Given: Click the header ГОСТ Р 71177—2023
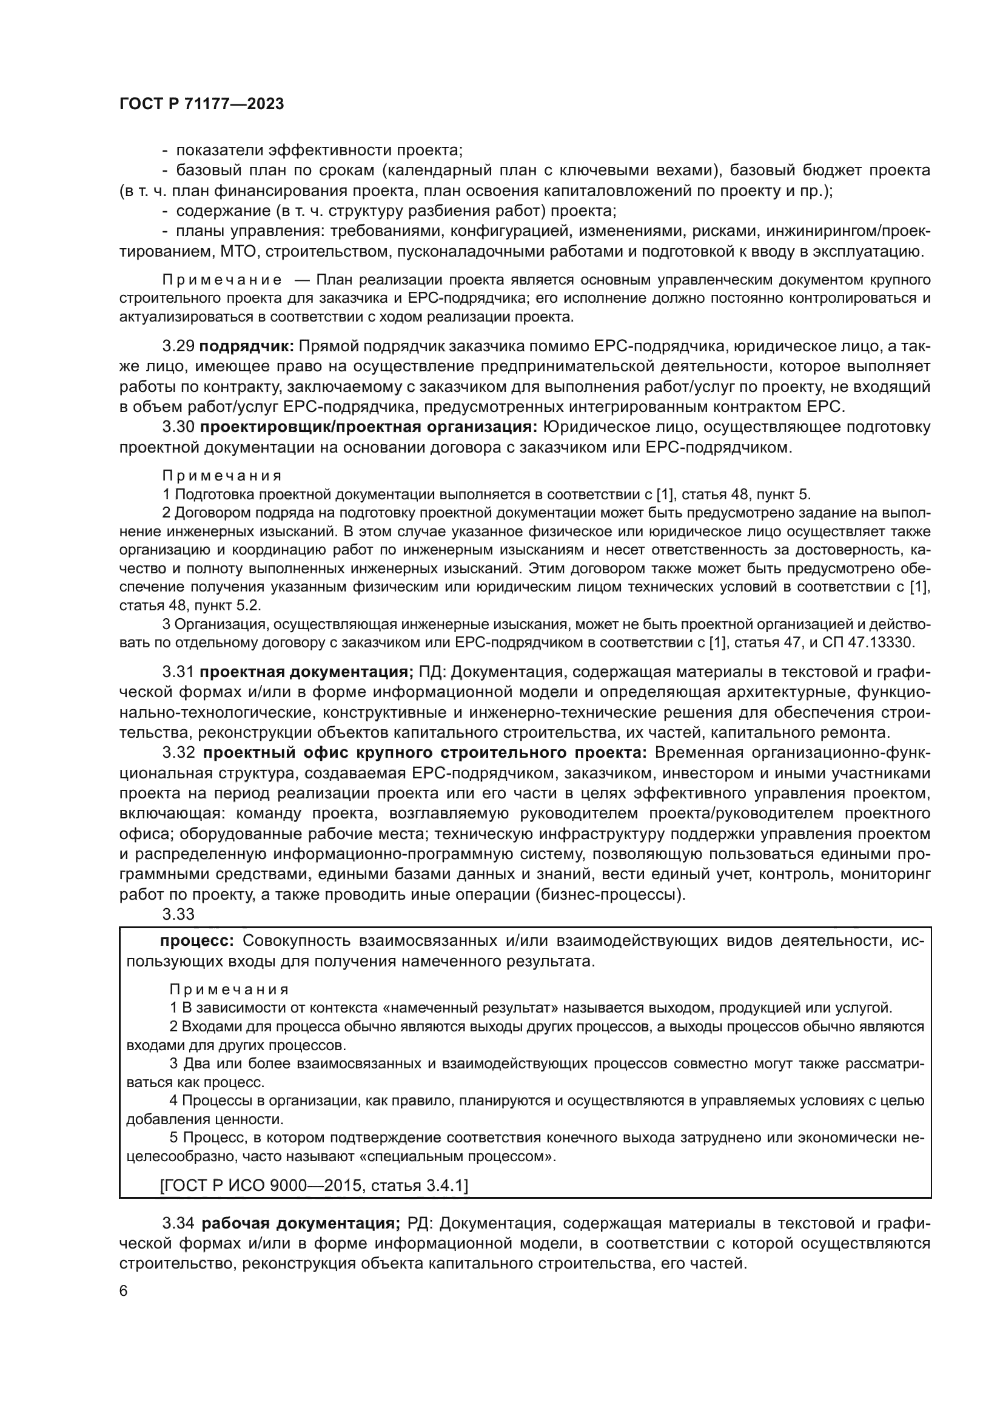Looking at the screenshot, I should pyautogui.click(x=201, y=104).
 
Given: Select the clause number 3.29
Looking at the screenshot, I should pyautogui.click(x=178, y=346).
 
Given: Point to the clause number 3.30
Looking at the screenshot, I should pyautogui.click(x=178, y=427).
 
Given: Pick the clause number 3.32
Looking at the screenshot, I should pyautogui.click(x=178, y=753).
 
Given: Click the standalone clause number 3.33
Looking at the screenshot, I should pyautogui.click(x=178, y=914).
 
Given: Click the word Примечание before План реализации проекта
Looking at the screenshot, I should pyautogui.click(x=223, y=281).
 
